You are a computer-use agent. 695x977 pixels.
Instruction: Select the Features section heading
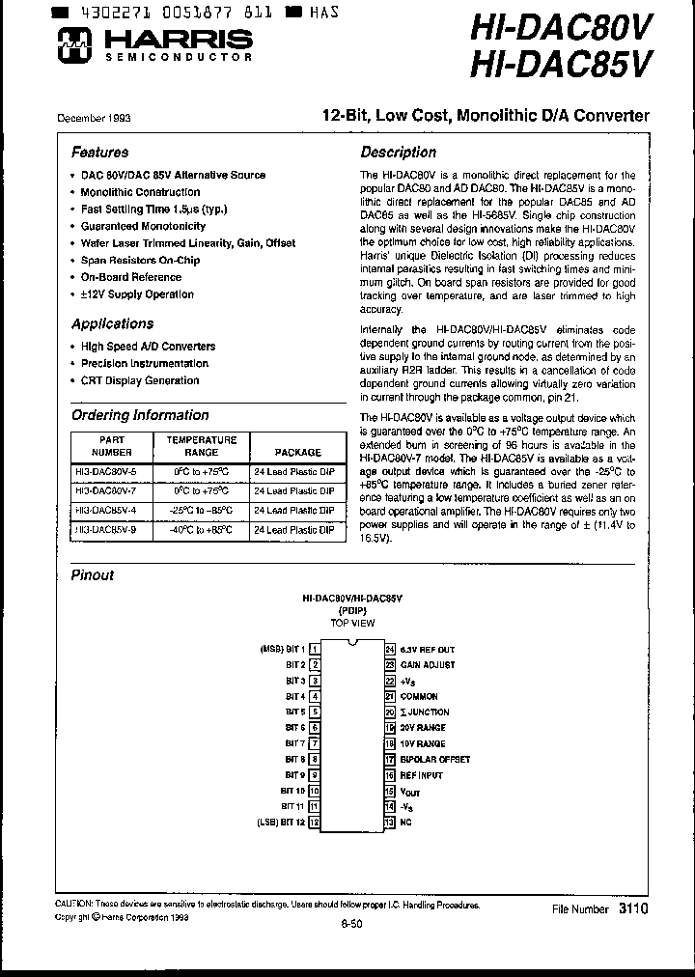click(x=99, y=153)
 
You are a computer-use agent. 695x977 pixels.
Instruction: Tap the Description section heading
click(x=398, y=153)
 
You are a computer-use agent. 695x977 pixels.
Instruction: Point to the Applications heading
click(x=112, y=324)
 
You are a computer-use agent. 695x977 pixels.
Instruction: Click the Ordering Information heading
click(x=140, y=415)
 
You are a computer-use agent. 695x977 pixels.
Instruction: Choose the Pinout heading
click(x=93, y=575)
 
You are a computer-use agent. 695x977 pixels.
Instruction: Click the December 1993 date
click(x=94, y=118)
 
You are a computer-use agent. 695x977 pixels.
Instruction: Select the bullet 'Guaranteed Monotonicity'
click(x=143, y=226)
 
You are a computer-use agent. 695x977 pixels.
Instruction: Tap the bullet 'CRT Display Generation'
click(x=140, y=380)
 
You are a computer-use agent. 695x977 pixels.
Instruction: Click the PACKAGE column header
click(x=298, y=452)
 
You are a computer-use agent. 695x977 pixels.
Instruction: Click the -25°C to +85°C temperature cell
click(x=202, y=511)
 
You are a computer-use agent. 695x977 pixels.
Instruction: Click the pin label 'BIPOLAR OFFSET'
click(x=434, y=759)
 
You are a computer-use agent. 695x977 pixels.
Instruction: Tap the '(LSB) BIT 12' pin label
click(x=282, y=822)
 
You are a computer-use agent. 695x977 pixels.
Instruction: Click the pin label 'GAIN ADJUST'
click(x=428, y=664)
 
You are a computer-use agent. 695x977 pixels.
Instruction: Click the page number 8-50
click(x=351, y=925)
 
